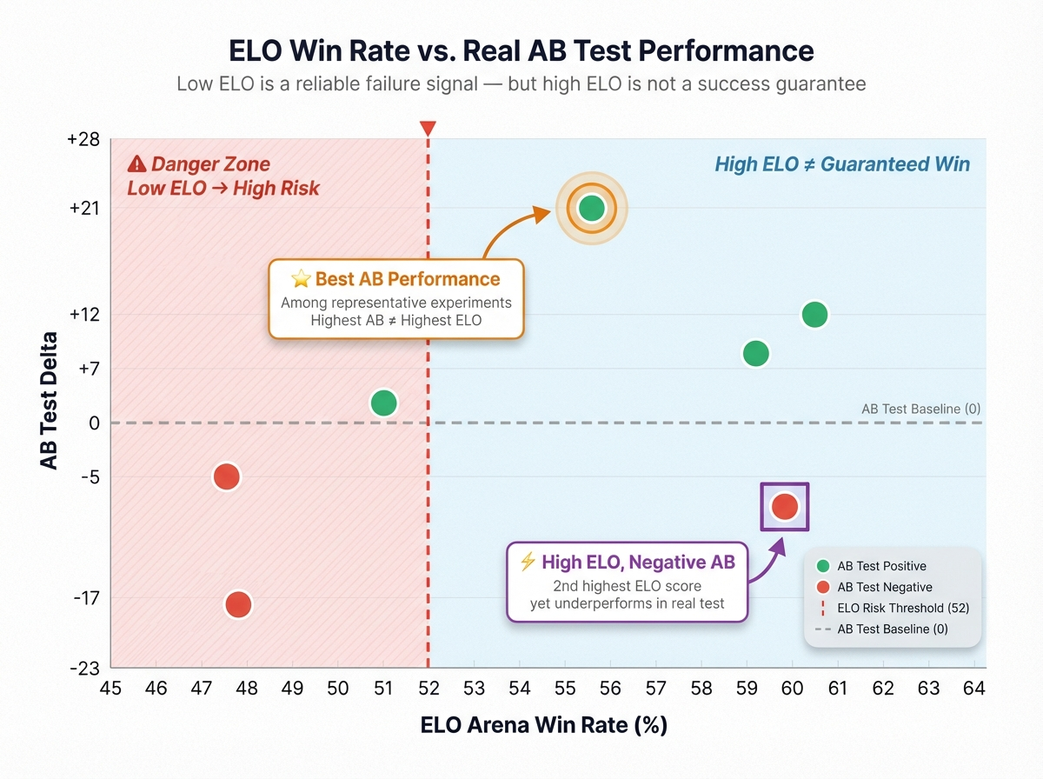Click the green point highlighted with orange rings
(591, 208)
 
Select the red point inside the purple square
(785, 507)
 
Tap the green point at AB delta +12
(814, 315)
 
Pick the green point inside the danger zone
(383, 403)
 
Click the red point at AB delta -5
(227, 476)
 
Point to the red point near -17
(238, 604)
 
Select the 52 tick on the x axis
(428, 689)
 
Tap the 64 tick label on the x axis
(974, 689)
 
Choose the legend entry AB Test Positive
(881, 566)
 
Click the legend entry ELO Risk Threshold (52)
(902, 608)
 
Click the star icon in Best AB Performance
(301, 279)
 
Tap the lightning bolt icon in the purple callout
(527, 562)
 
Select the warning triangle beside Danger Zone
(136, 163)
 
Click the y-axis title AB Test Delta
(50, 401)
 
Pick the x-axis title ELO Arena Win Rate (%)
(544, 724)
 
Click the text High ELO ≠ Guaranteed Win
(841, 164)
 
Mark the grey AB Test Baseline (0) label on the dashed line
(920, 409)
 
